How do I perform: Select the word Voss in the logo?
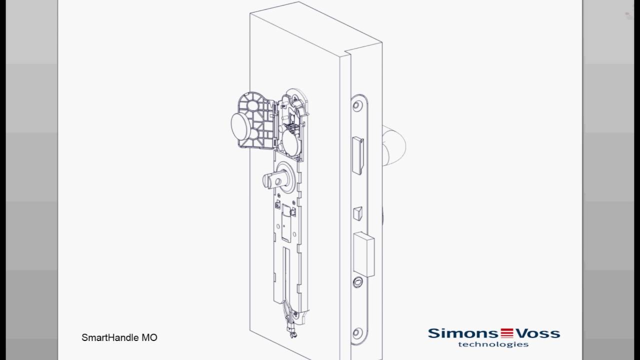[x=536, y=333]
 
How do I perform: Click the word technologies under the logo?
[x=493, y=344]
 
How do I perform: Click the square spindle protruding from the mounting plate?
[x=271, y=178]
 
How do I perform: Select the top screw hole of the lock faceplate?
[x=357, y=105]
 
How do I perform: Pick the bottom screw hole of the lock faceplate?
[x=357, y=332]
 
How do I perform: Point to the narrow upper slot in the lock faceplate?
[x=358, y=153]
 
